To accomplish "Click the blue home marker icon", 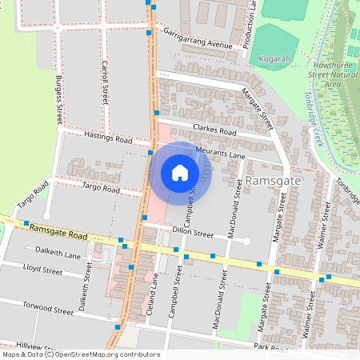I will click(180, 173).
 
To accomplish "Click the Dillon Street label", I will click(192, 234).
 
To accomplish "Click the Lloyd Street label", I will click(43, 270).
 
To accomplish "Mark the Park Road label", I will click(270, 347).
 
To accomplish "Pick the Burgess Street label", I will click(58, 100).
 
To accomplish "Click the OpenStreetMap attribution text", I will click(80, 354).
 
